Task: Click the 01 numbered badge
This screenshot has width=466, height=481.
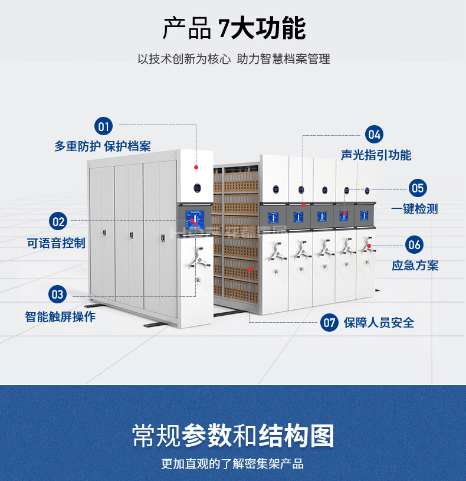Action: coord(104,126)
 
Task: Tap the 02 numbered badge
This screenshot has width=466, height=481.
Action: coord(58,222)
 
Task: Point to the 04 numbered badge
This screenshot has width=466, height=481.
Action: coord(374,134)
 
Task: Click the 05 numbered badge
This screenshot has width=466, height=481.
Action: coord(418,188)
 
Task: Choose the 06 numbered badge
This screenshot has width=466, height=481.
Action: coord(415,244)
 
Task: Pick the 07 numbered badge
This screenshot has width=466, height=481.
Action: coord(329,322)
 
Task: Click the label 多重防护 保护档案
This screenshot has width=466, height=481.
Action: coord(103,146)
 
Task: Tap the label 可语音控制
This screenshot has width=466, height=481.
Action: coord(56,243)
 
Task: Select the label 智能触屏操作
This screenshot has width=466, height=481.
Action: coord(60,316)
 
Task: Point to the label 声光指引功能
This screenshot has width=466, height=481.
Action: coord(376,155)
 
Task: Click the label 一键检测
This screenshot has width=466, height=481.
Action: coord(415,209)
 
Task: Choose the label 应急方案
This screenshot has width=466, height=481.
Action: coord(415,265)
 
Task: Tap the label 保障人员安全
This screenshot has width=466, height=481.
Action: coord(379,322)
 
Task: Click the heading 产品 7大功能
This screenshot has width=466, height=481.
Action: coord(234,28)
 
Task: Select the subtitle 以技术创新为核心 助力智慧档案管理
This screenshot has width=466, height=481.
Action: coord(234,59)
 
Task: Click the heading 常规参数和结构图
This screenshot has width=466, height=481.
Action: coord(233,436)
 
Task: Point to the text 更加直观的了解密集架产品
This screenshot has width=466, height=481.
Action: coord(233,464)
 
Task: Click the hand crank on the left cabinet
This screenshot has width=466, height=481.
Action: coord(199,259)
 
